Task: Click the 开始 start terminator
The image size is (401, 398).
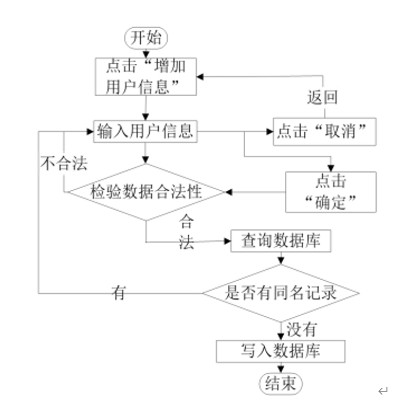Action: point(147,38)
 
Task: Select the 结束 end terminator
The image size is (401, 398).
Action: point(281,383)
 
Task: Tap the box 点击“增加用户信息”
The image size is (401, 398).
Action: point(146,76)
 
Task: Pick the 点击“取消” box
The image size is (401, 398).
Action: point(324,132)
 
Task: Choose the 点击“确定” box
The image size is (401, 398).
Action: point(331,192)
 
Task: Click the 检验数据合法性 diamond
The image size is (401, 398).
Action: point(147,192)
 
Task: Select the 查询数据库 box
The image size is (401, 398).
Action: point(280,241)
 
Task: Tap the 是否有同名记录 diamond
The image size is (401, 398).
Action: point(281,293)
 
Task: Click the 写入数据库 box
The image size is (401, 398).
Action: point(280,352)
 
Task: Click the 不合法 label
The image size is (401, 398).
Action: point(64,164)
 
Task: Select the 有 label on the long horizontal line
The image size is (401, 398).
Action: point(119,294)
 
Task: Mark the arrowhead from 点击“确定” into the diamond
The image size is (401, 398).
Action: point(229,192)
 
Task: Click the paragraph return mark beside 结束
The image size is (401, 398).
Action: point(382,391)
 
